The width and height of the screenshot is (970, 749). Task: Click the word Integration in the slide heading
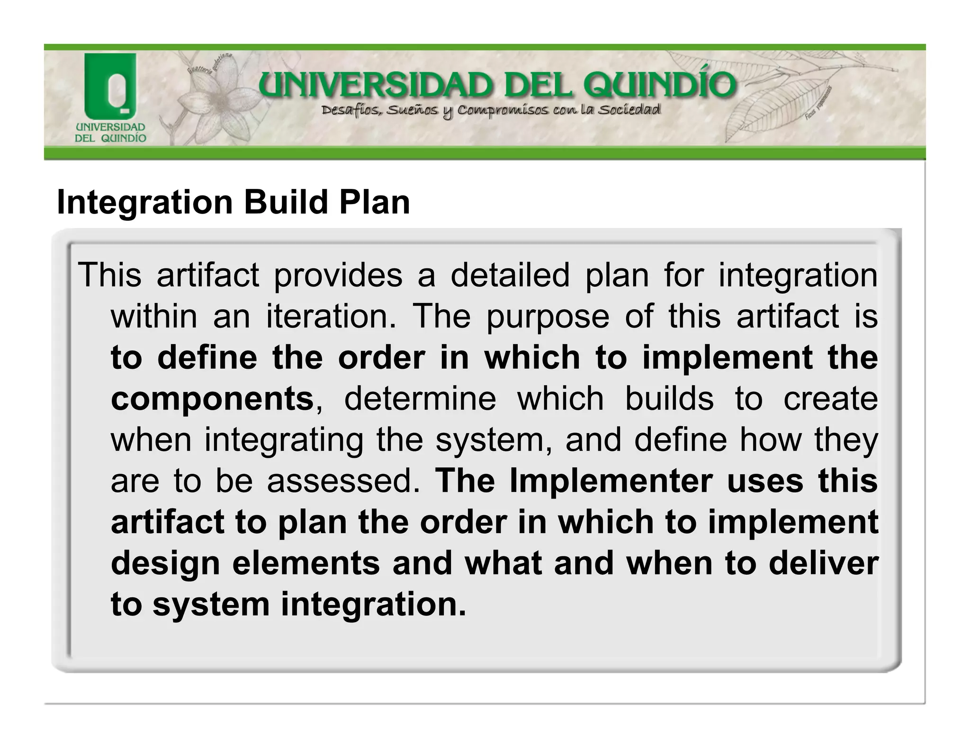tap(144, 203)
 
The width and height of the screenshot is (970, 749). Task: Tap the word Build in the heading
tap(286, 203)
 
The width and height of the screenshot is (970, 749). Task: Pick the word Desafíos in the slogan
tap(350, 111)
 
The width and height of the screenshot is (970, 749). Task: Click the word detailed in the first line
tap(510, 275)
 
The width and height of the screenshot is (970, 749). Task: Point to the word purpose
tap(548, 317)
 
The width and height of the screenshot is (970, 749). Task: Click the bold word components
tap(212, 398)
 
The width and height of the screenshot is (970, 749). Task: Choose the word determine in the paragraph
tap(420, 398)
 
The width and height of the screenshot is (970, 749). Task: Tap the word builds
tap(669, 398)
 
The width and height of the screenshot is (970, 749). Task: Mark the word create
tap(830, 398)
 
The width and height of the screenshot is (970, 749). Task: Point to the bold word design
tap(165, 563)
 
